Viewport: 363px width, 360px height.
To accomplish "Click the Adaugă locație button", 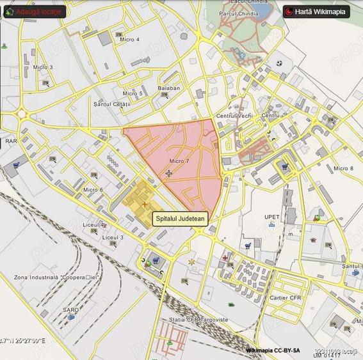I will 35,12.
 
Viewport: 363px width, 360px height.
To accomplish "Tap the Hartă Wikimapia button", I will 316,12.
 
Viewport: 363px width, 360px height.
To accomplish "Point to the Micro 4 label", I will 129,40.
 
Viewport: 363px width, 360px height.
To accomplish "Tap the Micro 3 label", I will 43,67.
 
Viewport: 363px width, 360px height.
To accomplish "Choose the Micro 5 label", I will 133,93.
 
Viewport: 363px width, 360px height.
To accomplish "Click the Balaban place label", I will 168,88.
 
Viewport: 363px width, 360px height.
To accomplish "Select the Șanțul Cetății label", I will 112,104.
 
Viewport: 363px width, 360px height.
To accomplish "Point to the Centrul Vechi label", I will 231,116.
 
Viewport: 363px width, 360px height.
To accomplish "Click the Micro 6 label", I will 93,190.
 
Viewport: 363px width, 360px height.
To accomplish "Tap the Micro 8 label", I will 343,168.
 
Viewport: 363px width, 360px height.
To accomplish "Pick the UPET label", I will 272,217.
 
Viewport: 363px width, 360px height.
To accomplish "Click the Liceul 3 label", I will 113,237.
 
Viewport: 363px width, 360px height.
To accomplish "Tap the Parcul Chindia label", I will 238,13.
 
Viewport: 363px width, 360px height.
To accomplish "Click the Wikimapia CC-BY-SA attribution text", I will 272,350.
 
